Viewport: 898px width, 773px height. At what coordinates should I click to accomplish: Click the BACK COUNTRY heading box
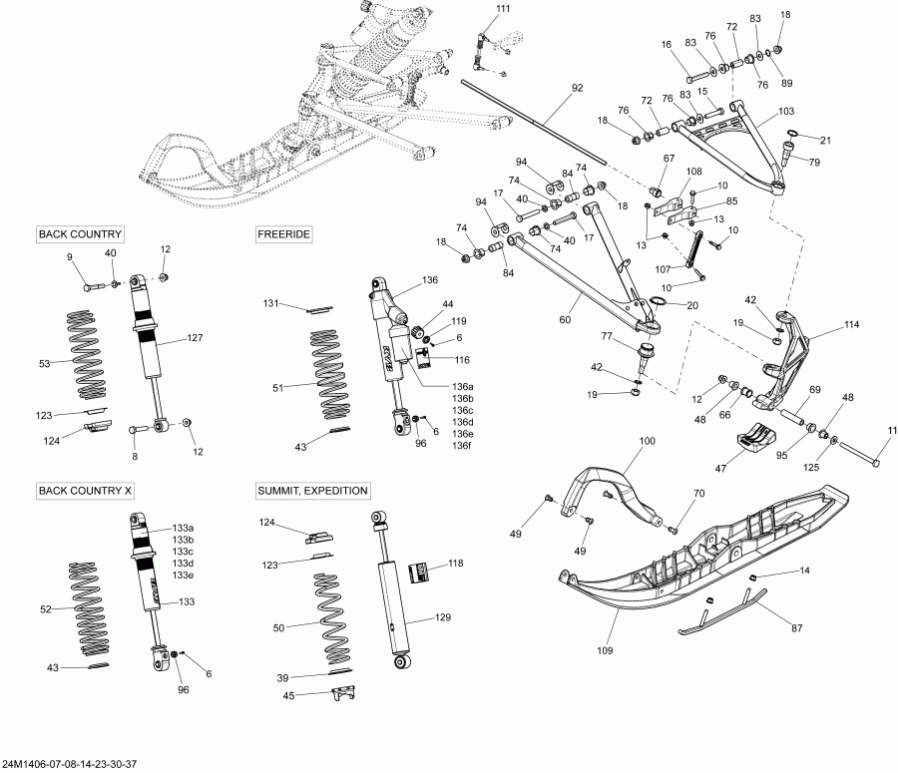point(80,234)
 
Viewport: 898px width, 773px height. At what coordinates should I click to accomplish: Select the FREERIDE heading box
point(284,234)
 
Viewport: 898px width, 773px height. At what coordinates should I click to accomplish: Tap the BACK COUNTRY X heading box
point(85,491)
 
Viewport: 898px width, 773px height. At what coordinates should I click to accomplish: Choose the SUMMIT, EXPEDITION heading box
point(313,491)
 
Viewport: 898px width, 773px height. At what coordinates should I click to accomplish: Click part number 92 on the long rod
point(577,88)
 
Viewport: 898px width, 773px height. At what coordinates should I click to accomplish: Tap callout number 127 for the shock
point(195,338)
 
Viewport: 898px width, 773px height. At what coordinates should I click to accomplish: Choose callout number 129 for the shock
point(443,618)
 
